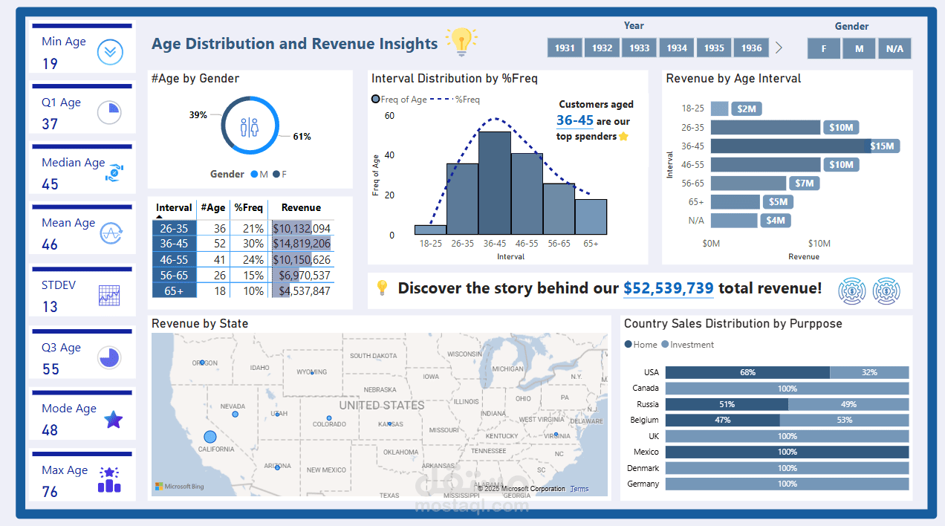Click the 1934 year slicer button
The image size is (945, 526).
click(x=677, y=48)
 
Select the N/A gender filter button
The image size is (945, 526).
click(x=894, y=48)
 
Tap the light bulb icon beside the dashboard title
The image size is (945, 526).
click(x=461, y=42)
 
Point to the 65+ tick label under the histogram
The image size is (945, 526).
click(x=591, y=243)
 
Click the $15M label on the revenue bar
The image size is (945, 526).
click(x=882, y=146)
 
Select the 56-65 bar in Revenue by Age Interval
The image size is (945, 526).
click(x=748, y=183)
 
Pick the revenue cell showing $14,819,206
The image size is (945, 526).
click(x=302, y=244)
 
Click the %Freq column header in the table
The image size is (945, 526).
click(x=248, y=208)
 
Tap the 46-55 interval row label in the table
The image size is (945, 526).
click(x=175, y=259)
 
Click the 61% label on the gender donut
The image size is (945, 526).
click(x=302, y=137)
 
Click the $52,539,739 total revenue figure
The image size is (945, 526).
click(x=668, y=288)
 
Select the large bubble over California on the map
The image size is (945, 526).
click(x=210, y=437)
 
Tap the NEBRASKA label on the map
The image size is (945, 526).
click(x=380, y=390)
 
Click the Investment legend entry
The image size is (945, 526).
click(x=687, y=345)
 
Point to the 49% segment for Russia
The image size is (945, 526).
click(x=848, y=404)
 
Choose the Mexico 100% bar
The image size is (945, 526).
click(x=787, y=452)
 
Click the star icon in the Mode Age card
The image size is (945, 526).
click(x=113, y=420)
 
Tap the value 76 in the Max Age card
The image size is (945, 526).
click(x=50, y=492)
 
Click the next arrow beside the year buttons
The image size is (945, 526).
click(x=779, y=48)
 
